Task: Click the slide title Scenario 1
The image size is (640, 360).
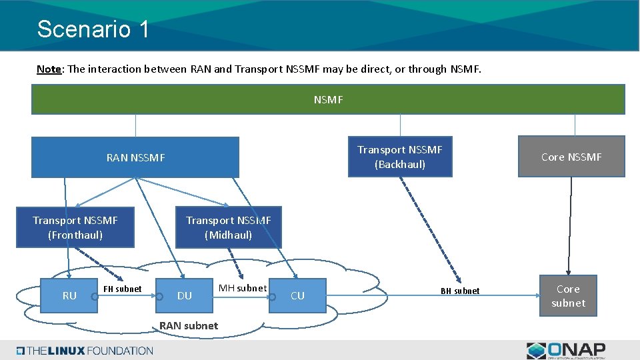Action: coord(93,29)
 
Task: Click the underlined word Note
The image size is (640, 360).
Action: coord(49,69)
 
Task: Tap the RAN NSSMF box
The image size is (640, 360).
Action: coord(135,157)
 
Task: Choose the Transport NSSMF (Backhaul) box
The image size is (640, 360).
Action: coord(400,157)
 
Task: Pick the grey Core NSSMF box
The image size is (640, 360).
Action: coord(571,157)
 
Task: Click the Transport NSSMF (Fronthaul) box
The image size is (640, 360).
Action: coord(75,227)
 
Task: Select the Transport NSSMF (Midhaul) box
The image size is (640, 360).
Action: coord(228,227)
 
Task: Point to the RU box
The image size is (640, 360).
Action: coord(69,295)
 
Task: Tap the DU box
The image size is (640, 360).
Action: coord(185,295)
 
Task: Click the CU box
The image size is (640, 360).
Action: coord(298,295)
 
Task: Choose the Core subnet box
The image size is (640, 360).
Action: coord(568,295)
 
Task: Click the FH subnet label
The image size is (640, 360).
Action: coord(123,289)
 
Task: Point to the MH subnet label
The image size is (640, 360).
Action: coord(243,288)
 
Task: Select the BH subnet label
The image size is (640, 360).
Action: coord(460,291)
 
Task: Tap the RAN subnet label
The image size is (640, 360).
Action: coord(189,325)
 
